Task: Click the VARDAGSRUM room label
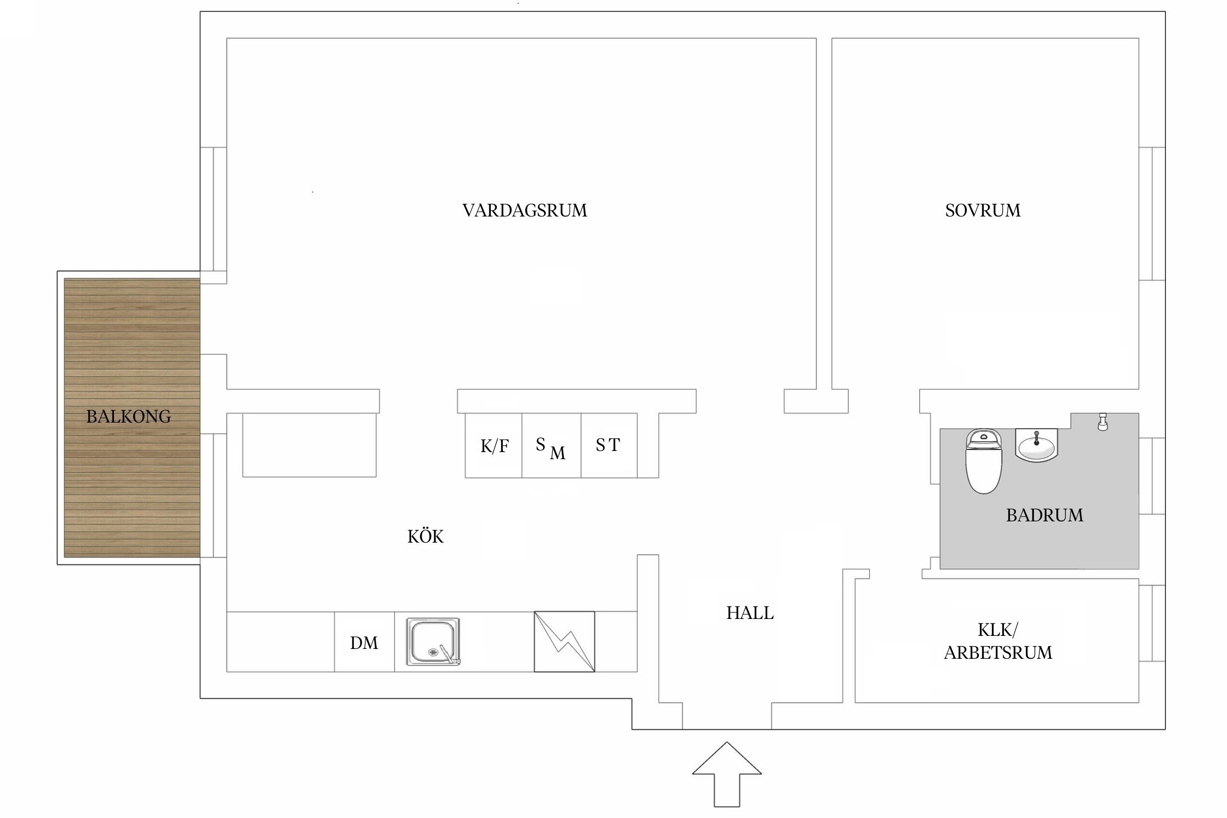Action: point(525,210)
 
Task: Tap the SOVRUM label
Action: point(983,210)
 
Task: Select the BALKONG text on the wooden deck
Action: point(129,417)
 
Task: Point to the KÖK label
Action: point(425,537)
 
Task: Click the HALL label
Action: point(750,613)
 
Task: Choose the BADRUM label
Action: point(1044,515)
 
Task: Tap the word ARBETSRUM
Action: point(998,653)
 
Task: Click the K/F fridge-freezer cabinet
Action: point(494,446)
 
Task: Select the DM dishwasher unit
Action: point(364,642)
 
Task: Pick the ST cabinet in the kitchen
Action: point(609,446)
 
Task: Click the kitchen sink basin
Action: point(433,641)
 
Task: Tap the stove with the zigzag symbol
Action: point(564,641)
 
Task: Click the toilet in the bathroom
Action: point(983,461)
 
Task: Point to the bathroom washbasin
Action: point(1036,446)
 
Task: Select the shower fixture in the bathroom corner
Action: point(1103,422)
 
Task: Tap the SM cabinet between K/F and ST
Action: point(551,446)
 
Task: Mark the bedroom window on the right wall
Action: point(1152,214)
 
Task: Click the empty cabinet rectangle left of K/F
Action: point(309,445)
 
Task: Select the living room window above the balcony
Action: point(213,209)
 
